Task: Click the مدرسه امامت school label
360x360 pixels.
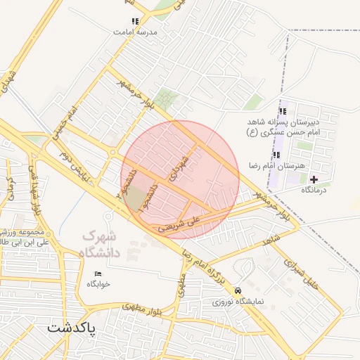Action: pyautogui.click(x=136, y=32)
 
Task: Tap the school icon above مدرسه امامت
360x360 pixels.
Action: pyautogui.click(x=134, y=21)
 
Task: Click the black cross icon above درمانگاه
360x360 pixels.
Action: pyautogui.click(x=314, y=179)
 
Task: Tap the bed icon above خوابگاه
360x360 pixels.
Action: pyautogui.click(x=98, y=274)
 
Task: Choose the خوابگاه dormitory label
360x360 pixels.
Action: pyautogui.click(x=99, y=284)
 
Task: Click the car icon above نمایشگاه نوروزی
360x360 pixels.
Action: pyautogui.click(x=238, y=290)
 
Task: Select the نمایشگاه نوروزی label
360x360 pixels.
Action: pyautogui.click(x=238, y=301)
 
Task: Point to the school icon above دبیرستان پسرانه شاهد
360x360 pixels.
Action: pyautogui.click(x=283, y=111)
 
